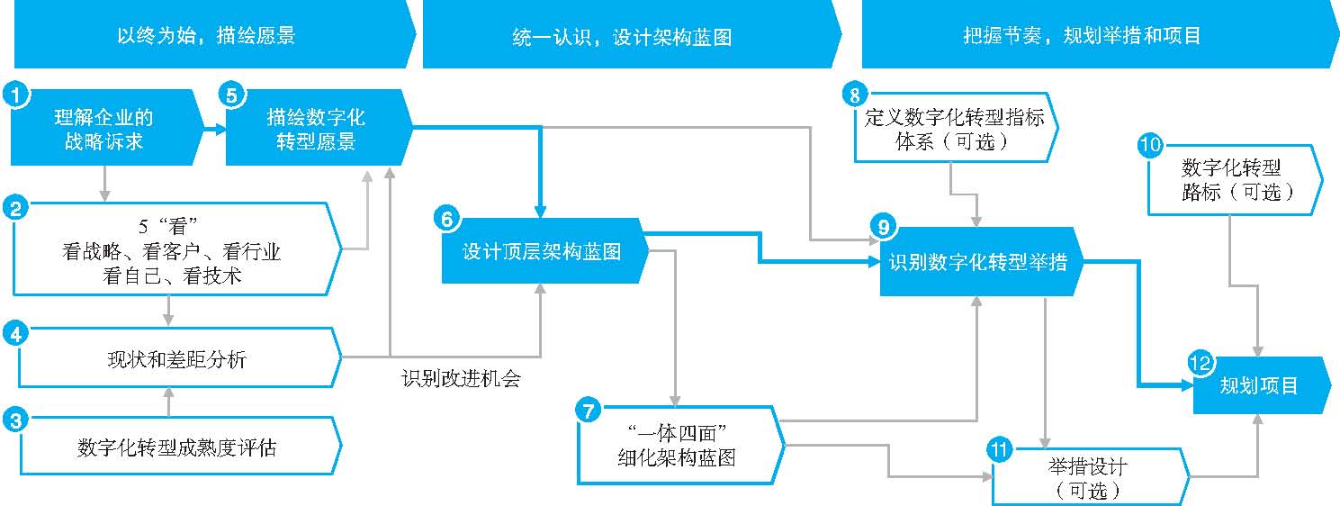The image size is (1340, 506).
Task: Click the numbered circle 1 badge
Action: point(16,95)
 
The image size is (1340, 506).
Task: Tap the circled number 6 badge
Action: point(447,219)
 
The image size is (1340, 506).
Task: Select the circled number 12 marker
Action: point(1200,363)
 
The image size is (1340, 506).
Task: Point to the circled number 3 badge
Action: point(16,420)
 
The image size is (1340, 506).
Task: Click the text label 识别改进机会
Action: point(462,378)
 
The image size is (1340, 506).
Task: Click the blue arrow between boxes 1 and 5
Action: point(215,128)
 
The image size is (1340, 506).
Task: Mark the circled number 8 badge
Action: point(855,95)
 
